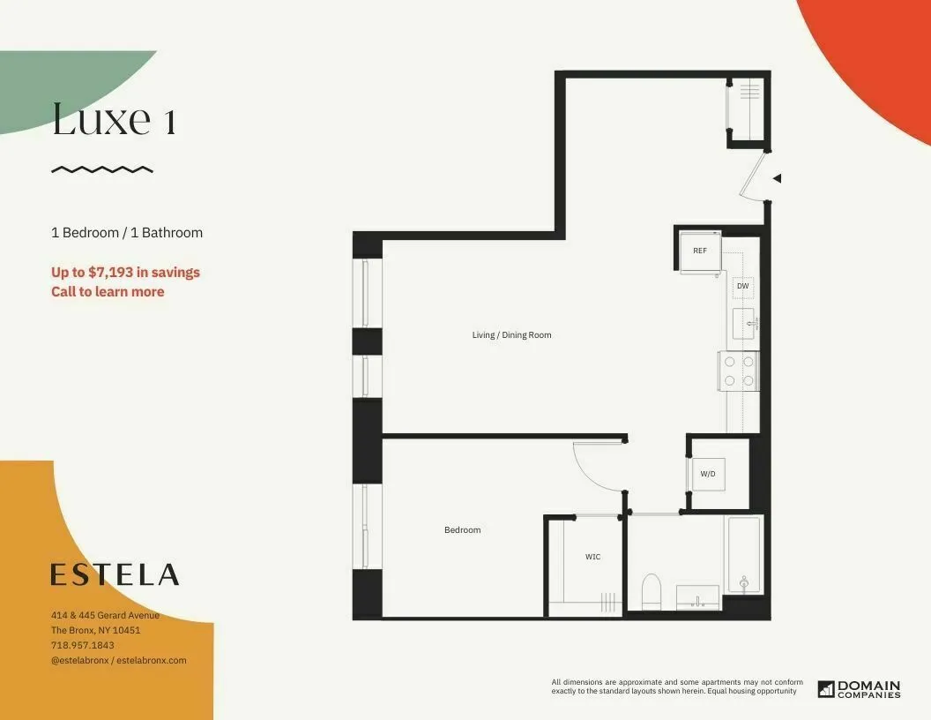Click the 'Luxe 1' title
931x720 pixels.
pos(114,119)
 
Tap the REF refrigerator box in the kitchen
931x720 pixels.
pos(700,251)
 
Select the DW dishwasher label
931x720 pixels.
pos(742,286)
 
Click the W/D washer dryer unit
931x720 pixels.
pos(708,475)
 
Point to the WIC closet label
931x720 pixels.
pos(593,557)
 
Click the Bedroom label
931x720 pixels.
pos(462,529)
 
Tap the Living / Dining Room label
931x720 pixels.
pos(511,335)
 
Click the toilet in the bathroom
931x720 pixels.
pos(652,592)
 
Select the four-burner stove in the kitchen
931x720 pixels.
pos(739,371)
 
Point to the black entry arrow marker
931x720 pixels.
pos(777,178)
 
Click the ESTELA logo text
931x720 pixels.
pos(115,574)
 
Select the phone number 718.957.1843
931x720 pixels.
pos(83,645)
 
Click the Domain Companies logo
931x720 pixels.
pos(859,688)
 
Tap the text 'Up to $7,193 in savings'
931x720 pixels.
pos(125,273)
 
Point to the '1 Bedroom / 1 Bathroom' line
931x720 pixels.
pos(127,233)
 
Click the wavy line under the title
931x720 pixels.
pos(102,169)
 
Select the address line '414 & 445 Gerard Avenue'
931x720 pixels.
pos(105,615)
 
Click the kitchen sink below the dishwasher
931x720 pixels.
pos(743,324)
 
